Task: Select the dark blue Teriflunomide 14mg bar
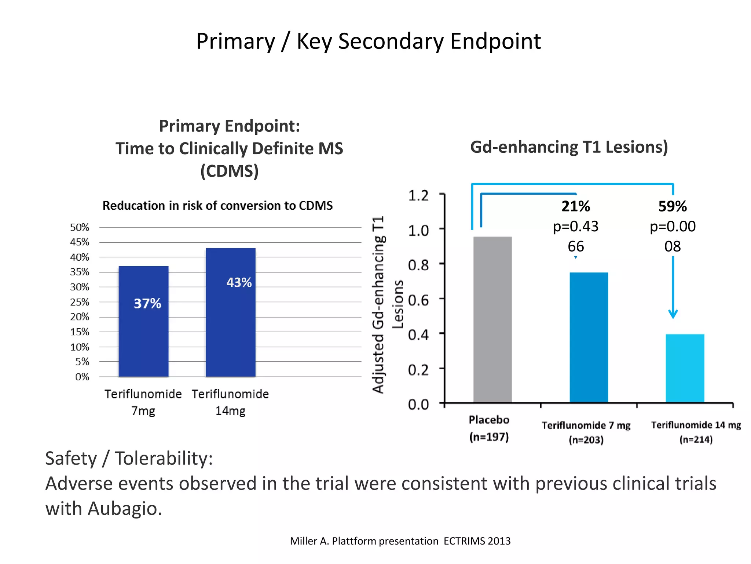tap(230, 330)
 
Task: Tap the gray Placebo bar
tap(492, 319)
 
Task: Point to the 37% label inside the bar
tap(147, 304)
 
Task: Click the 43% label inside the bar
tap(239, 282)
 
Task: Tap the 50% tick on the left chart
tap(80, 227)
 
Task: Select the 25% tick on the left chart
tap(80, 302)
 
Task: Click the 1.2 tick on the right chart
tap(418, 196)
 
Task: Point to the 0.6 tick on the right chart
tap(418, 300)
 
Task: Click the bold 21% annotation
tap(576, 206)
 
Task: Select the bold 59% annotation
tap(673, 206)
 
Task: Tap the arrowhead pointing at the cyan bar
tap(673, 314)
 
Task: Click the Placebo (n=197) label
tap(489, 428)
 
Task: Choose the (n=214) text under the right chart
tap(696, 440)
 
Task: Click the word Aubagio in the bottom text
tap(124, 509)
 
